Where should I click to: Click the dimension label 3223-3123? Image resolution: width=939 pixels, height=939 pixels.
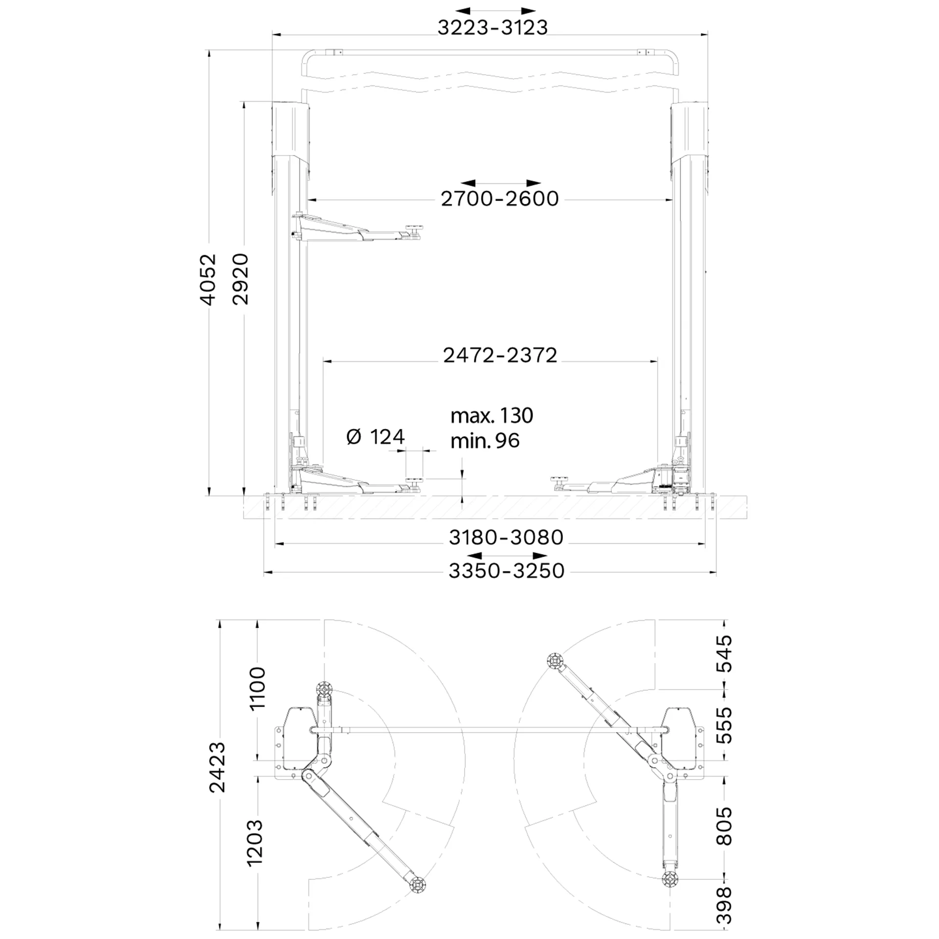(x=492, y=28)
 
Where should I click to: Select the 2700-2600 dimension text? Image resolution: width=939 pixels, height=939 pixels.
(x=500, y=199)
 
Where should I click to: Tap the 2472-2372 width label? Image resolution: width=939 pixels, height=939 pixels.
(x=500, y=356)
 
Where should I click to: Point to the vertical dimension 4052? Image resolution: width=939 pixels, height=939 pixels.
(x=208, y=279)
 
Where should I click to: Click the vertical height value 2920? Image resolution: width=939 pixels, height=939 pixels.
(x=241, y=279)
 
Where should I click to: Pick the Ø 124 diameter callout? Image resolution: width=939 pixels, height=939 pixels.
(x=376, y=437)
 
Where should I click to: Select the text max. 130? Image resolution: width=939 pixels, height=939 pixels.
(x=492, y=416)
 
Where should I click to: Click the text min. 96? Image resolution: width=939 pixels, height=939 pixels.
(x=485, y=441)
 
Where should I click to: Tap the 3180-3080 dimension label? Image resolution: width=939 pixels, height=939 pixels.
(x=506, y=537)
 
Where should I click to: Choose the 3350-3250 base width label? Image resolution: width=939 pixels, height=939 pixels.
(x=507, y=571)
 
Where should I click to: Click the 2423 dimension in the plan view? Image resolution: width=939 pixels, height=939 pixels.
(x=217, y=766)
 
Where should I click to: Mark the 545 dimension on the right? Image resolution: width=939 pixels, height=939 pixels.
(x=724, y=653)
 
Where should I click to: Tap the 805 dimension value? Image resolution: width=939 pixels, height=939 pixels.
(x=724, y=827)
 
